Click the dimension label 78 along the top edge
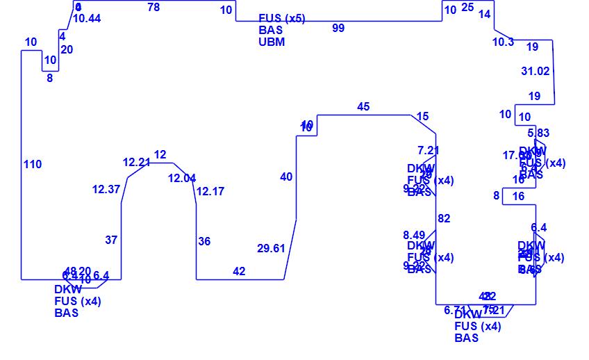pyautogui.click(x=154, y=7)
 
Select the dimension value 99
pyautogui.click(x=338, y=28)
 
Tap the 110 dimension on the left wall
pyautogui.click(x=33, y=164)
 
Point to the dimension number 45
pyautogui.click(x=363, y=106)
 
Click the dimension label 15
pyautogui.click(x=423, y=116)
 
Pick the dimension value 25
pyautogui.click(x=467, y=7)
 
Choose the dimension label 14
pyautogui.click(x=485, y=14)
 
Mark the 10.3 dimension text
pyautogui.click(x=503, y=42)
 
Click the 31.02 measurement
pyautogui.click(x=535, y=71)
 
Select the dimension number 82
pyautogui.click(x=444, y=218)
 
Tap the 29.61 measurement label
pyautogui.click(x=271, y=248)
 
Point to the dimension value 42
pyautogui.click(x=239, y=271)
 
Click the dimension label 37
pyautogui.click(x=111, y=240)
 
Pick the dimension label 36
pyautogui.click(x=204, y=241)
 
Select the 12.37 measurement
pyautogui.click(x=106, y=189)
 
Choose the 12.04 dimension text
pyautogui.click(x=182, y=178)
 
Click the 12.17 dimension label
pyautogui.click(x=210, y=191)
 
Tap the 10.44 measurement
pyautogui.click(x=87, y=18)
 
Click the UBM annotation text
pyautogui.click(x=272, y=42)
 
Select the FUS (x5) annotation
pyautogui.click(x=281, y=18)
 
